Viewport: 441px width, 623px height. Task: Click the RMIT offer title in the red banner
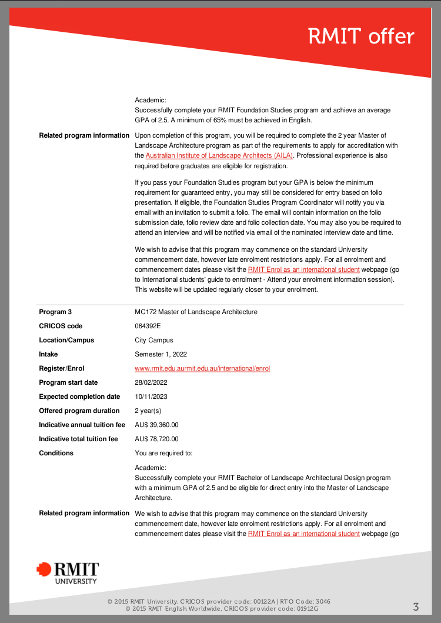(x=361, y=36)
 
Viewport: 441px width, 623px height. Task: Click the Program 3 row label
(x=55, y=312)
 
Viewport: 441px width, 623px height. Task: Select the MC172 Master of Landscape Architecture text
(x=196, y=312)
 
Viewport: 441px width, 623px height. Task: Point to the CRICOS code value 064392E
(x=148, y=326)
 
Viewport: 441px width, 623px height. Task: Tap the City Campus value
(x=154, y=340)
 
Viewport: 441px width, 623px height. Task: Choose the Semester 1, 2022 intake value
(x=161, y=354)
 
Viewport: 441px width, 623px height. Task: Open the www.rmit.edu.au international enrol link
(x=202, y=368)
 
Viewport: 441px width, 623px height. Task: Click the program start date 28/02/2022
(x=151, y=382)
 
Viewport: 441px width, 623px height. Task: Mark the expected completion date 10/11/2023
(x=151, y=397)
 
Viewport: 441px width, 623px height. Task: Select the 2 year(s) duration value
(x=148, y=411)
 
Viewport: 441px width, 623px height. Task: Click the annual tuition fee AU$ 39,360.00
(x=156, y=425)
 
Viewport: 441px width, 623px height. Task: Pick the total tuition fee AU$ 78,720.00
(x=156, y=439)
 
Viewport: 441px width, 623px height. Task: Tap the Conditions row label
(x=56, y=453)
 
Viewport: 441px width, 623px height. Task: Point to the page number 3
(x=416, y=607)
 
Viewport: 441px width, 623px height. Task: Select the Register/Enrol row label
(x=62, y=368)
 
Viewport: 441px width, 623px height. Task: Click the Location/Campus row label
(x=66, y=340)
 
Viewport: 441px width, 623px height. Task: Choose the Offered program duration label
(x=79, y=411)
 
